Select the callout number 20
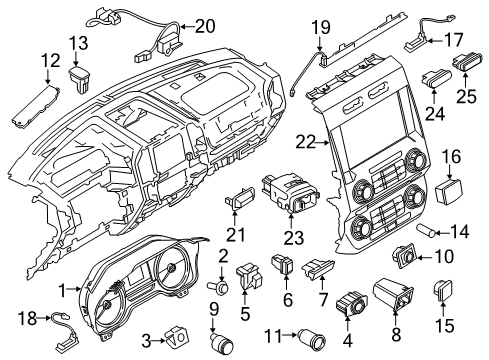(205, 27)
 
